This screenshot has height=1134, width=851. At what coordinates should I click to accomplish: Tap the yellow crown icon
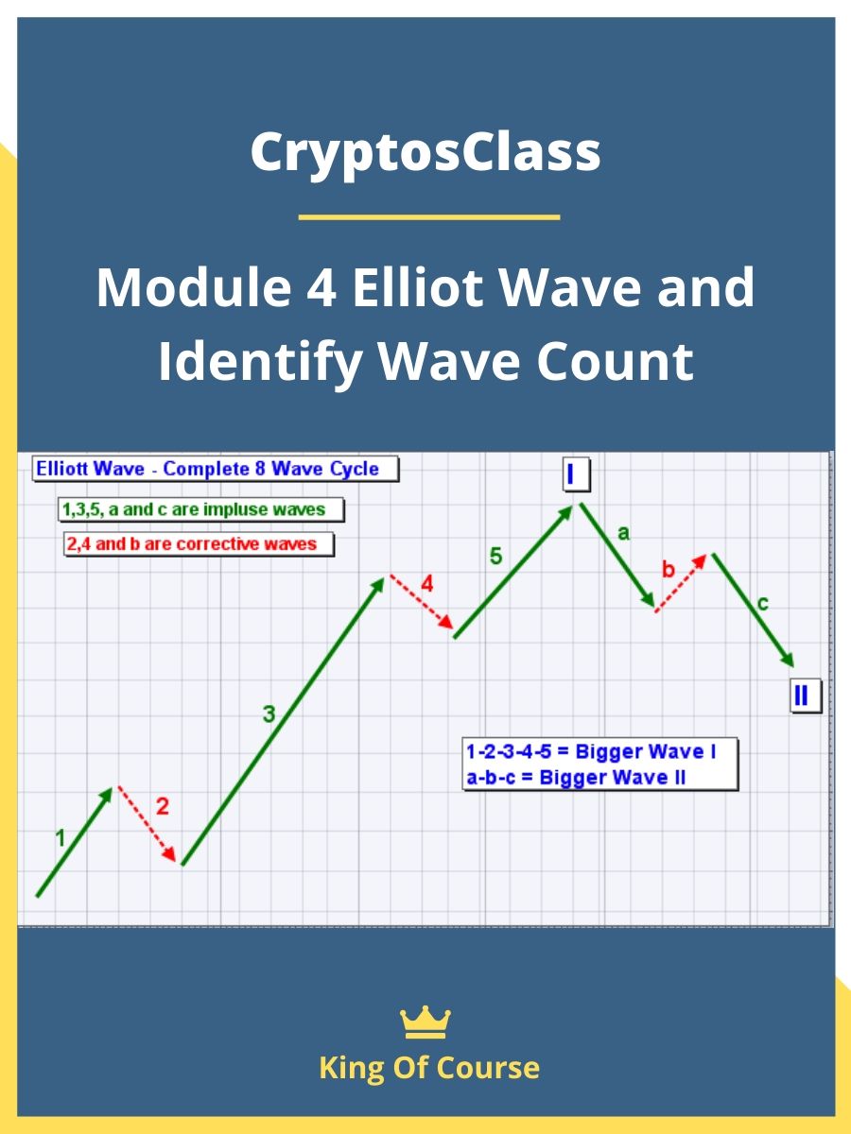[425, 1022]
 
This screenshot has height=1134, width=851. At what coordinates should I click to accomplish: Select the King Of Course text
[429, 1068]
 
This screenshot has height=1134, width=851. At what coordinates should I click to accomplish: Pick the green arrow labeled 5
[513, 572]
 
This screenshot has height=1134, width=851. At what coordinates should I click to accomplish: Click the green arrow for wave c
[753, 610]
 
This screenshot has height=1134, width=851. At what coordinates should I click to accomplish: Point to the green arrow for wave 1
[75, 842]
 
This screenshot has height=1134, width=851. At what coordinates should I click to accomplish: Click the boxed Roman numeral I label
[572, 473]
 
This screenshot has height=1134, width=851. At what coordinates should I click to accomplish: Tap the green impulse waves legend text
[200, 510]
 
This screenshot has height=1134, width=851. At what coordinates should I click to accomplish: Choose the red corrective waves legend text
[199, 544]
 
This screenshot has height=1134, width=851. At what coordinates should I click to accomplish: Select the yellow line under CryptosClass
[428, 217]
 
